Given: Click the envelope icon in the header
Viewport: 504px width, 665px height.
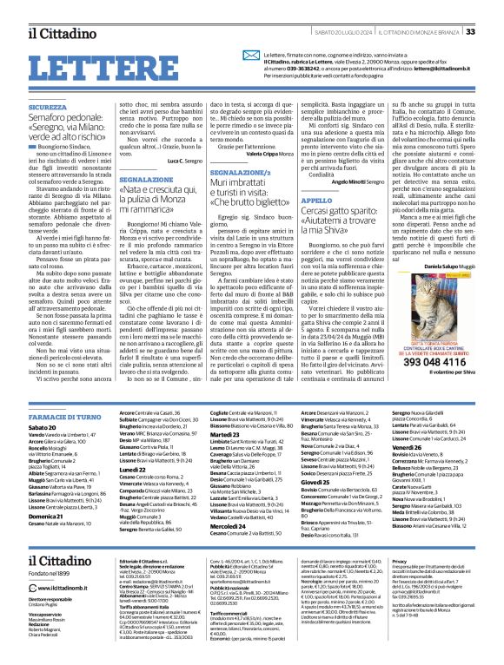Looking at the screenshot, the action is [x=254, y=61].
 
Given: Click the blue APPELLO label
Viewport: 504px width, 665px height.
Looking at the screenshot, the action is [x=338, y=200].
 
